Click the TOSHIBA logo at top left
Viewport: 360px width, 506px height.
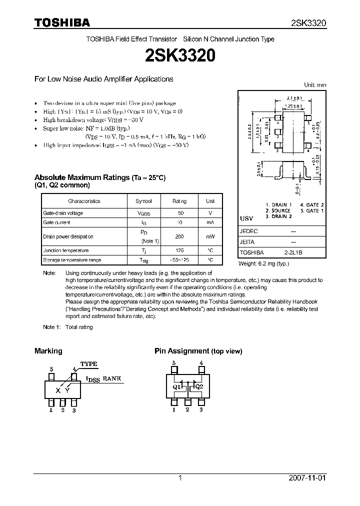pos(61,22)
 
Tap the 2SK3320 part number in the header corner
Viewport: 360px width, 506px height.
pos(308,23)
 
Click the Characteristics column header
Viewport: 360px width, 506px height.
pos(84,201)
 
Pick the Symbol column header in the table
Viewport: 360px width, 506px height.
pos(143,201)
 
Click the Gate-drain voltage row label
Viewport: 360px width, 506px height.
pos(63,213)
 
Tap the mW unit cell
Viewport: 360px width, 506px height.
pos(210,236)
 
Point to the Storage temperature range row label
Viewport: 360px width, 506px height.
pos(72,260)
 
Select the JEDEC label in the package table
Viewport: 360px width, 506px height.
pos(248,231)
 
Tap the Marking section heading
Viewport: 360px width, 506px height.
pos(48,351)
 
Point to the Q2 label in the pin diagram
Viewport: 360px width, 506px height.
pos(198,387)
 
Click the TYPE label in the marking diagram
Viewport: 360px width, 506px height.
pos(89,364)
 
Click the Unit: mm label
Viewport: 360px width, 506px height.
pos(315,85)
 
